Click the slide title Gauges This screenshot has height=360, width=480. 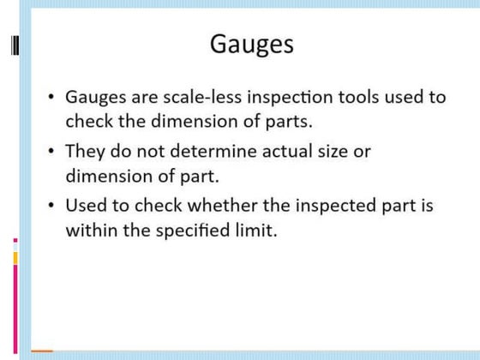coord(251,43)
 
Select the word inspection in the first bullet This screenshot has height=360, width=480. coord(281,97)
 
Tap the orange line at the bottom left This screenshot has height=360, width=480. coord(42,351)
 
